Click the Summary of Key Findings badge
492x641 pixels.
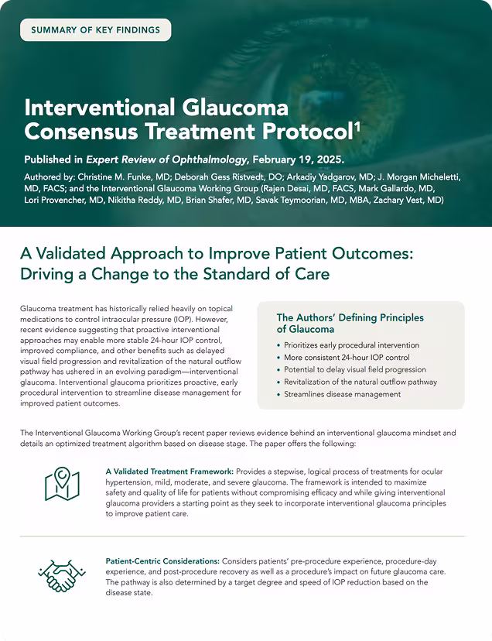tap(96, 30)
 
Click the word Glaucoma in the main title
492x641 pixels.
tap(235, 108)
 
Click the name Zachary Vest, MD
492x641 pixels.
tap(408, 201)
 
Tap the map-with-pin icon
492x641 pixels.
tap(62, 485)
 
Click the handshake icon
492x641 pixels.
tap(62, 574)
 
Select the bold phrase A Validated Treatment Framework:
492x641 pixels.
tap(169, 471)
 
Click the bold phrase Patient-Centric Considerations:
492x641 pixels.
tap(162, 560)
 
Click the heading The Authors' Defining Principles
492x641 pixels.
tap(350, 317)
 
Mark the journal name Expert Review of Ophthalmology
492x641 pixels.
tap(166, 159)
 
